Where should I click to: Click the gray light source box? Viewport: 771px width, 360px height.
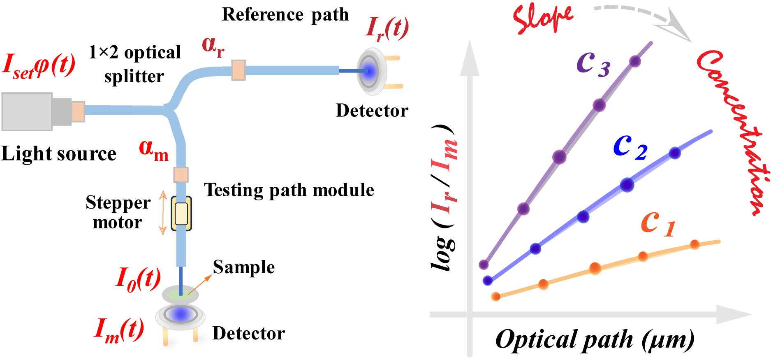[27, 111]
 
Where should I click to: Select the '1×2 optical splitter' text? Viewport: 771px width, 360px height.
[135, 64]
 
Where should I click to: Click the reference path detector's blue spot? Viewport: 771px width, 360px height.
[369, 72]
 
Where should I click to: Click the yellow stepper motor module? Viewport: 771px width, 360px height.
[181, 213]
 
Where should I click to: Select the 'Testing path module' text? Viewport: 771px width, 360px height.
[289, 190]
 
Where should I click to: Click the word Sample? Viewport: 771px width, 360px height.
[244, 267]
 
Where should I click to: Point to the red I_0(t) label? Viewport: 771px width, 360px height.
[138, 280]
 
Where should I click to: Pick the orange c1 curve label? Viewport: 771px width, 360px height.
[658, 225]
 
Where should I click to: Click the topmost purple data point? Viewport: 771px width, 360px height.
[635, 62]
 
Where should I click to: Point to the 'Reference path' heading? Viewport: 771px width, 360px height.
[285, 15]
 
